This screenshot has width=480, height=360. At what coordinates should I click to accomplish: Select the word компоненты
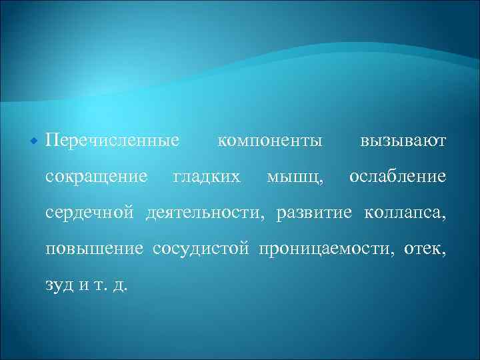(270, 141)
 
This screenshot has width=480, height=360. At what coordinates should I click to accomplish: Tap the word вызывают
(403, 141)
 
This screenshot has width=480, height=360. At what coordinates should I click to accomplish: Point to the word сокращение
(96, 177)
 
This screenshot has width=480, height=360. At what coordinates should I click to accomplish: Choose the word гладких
(207, 177)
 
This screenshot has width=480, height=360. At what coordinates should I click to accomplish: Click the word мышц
(296, 178)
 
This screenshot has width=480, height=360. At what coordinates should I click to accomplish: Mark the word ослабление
(397, 177)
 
